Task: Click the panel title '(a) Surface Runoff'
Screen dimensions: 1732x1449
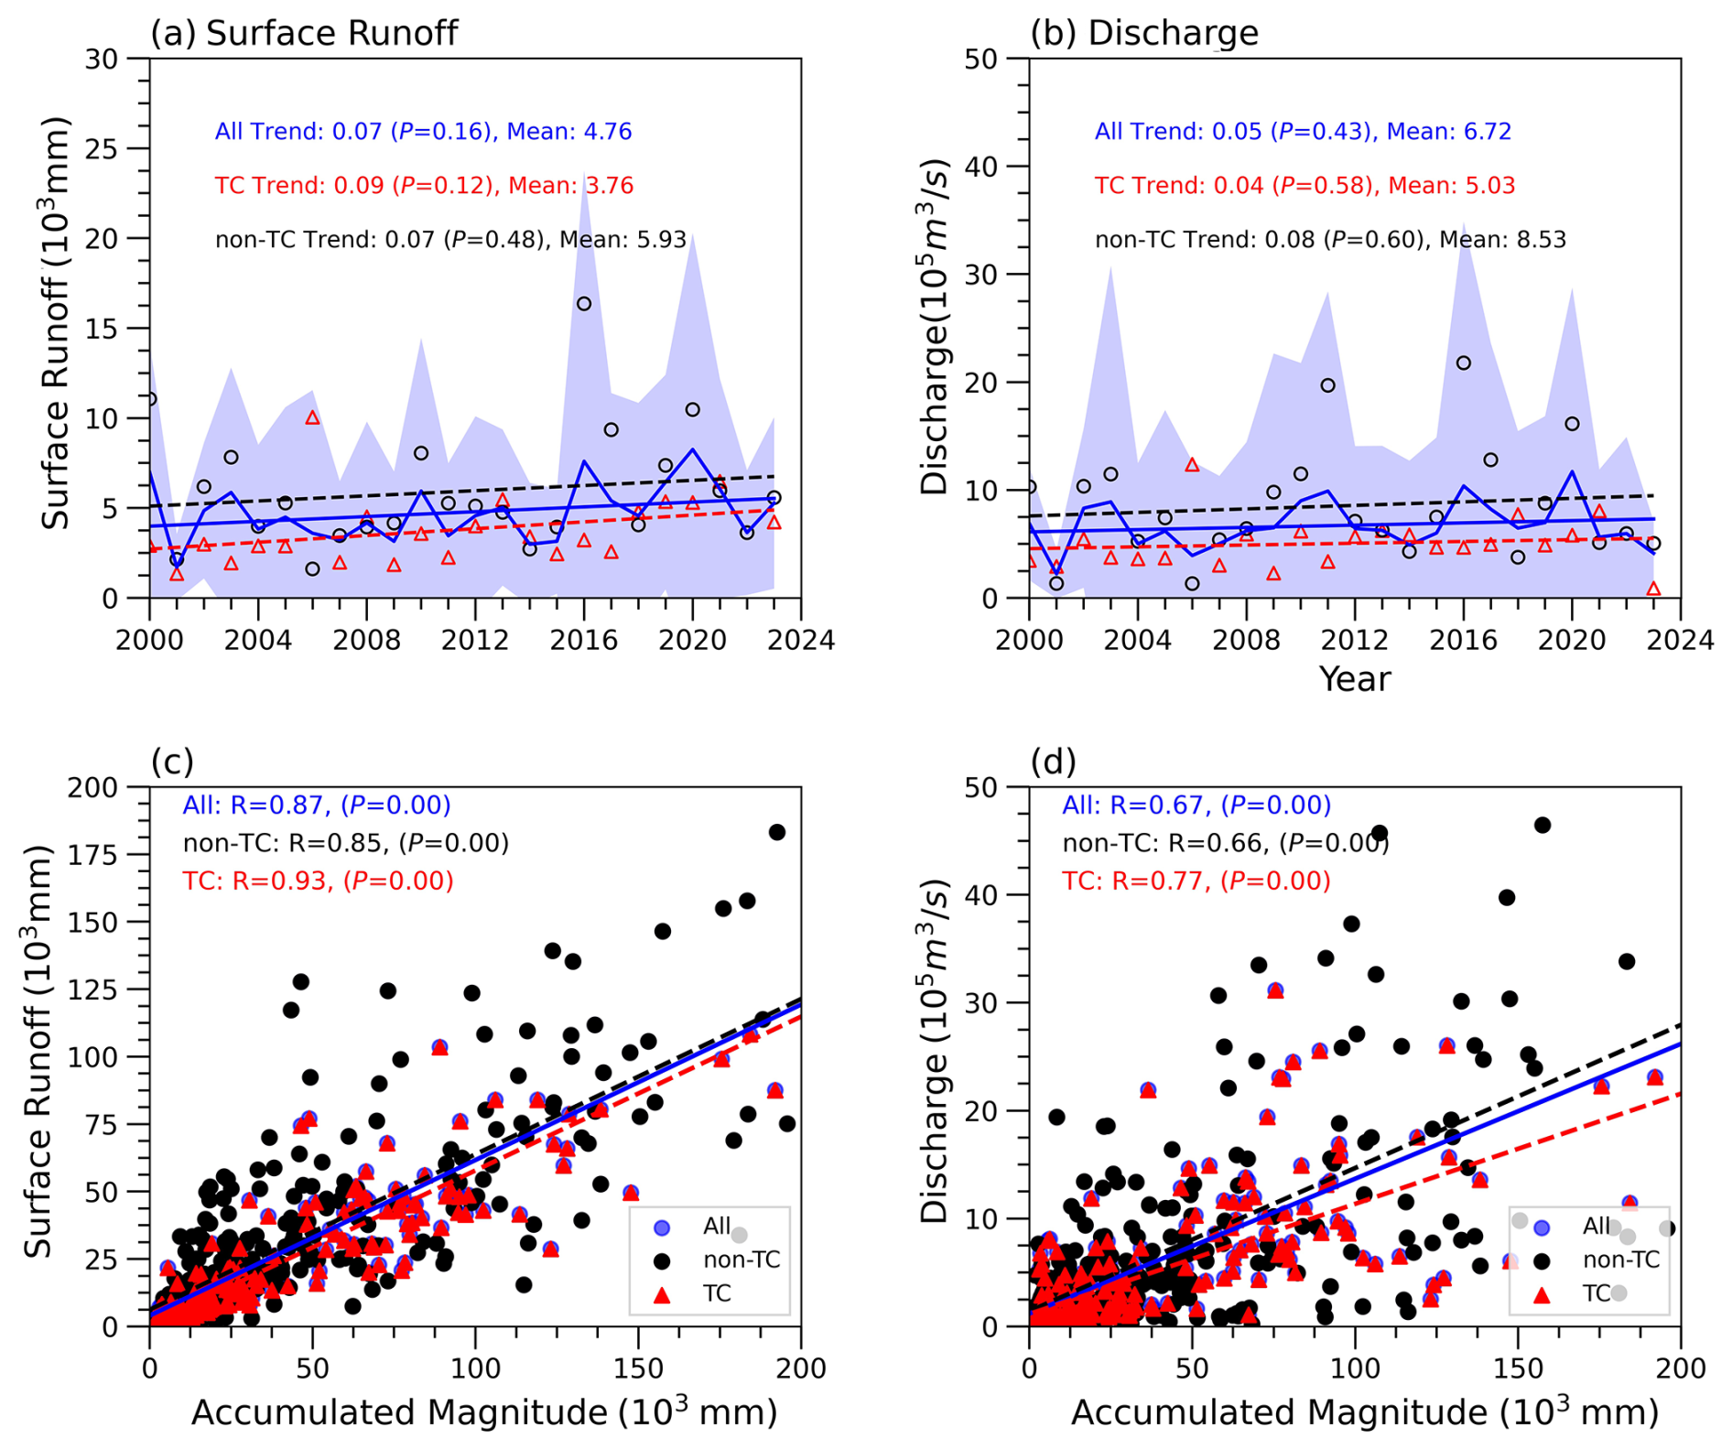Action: [x=304, y=33]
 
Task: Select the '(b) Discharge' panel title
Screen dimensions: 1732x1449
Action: [x=1144, y=33]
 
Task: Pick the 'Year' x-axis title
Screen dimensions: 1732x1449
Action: [x=1355, y=679]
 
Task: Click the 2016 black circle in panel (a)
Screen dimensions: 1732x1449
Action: [x=584, y=304]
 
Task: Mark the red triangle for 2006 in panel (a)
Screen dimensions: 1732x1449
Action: [x=312, y=417]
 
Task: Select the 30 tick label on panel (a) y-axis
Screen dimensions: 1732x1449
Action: [x=102, y=59]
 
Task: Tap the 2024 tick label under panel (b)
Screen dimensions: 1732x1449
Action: [x=1681, y=640]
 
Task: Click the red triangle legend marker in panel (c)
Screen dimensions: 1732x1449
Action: [x=662, y=1294]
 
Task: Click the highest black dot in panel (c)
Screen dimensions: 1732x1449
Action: [x=777, y=832]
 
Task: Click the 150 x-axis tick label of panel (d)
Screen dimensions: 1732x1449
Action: [x=1518, y=1368]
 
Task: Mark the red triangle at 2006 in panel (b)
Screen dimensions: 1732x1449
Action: [x=1192, y=465]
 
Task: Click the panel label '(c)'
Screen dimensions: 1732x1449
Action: [x=172, y=762]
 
